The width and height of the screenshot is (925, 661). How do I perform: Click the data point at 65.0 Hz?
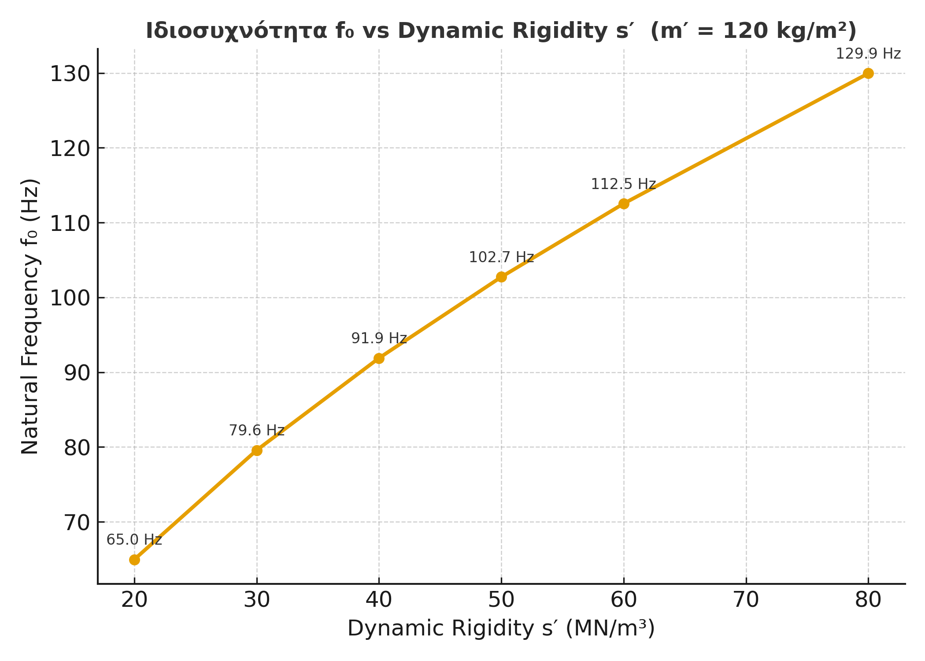pos(134,560)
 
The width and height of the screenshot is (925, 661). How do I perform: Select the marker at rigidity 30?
pos(257,450)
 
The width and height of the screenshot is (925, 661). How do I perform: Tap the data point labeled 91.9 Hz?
pos(379,358)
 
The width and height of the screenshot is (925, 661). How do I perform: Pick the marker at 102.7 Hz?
pos(501,277)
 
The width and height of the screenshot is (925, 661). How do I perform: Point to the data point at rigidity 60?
pos(624,204)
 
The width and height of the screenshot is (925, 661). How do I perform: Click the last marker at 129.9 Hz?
pos(868,73)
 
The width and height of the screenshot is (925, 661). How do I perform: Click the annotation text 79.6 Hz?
pos(257,431)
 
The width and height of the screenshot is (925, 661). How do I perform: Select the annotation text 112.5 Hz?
pos(623,184)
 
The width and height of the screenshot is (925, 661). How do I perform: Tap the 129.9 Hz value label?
pos(868,54)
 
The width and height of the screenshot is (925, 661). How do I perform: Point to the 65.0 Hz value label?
pos(134,540)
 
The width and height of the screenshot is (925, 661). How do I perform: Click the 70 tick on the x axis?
pos(746,600)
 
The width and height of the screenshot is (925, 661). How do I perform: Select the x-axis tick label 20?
pos(134,600)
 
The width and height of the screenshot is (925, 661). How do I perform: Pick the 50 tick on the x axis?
pos(501,600)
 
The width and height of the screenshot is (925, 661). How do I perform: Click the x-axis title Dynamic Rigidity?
pos(501,628)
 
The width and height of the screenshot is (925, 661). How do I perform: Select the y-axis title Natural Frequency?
pos(30,316)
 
